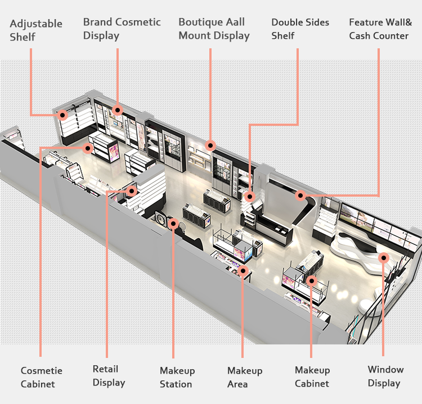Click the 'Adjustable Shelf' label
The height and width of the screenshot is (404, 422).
coord(36,30)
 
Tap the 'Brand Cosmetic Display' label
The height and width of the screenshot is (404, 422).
coord(122,29)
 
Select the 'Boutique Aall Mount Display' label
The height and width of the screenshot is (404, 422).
coord(214,29)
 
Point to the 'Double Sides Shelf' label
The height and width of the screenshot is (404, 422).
coord(300,29)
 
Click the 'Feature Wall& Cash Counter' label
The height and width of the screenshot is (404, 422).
coord(380,29)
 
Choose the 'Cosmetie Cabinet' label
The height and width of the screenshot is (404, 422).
coord(41,377)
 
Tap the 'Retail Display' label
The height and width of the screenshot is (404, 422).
coord(109,376)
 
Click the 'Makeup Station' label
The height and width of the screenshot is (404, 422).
coord(177,378)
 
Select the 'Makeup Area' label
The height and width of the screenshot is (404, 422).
coord(244,378)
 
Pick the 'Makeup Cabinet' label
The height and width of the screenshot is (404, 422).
coord(312,377)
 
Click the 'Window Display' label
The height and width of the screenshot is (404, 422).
coord(385,376)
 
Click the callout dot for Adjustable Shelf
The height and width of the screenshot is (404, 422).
coord(63,115)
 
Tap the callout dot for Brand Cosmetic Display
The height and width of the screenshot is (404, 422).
coord(118,110)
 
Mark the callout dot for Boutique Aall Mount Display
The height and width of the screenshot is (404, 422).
coord(210,146)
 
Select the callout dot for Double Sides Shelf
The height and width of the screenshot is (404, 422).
coord(249,197)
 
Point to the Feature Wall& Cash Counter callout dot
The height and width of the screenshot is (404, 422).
coord(300,196)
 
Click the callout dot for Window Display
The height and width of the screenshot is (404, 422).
coord(384,258)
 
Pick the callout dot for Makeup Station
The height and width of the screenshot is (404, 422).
coord(173,224)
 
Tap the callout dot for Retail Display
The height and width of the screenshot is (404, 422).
coord(132,191)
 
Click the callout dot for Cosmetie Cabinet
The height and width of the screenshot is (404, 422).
coord(88,148)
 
